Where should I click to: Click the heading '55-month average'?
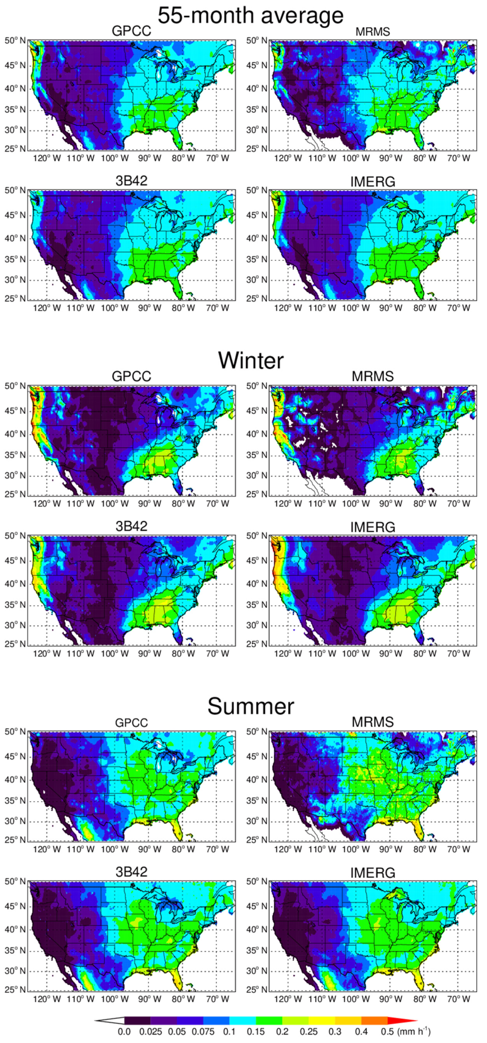pos(250,15)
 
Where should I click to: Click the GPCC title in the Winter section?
pos(132,376)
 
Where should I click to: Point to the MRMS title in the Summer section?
pos(372,722)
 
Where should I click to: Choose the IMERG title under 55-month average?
pos(372,182)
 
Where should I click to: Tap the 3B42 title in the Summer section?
pos(132,872)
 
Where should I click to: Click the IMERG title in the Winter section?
pos(372,527)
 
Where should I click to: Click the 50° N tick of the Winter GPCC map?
pos(15,386)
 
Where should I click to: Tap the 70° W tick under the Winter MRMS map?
pos(459,504)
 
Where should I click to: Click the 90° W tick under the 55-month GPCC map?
pos(150,158)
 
